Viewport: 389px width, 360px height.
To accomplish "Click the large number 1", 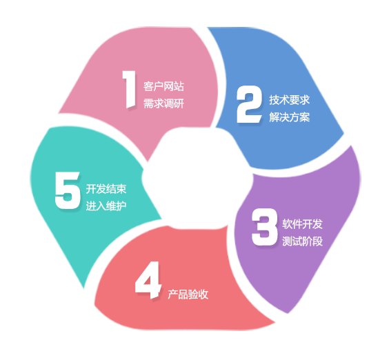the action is (x=130, y=90).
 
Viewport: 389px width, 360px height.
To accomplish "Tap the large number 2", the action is (x=249, y=104).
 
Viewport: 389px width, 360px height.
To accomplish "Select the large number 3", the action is (x=264, y=227).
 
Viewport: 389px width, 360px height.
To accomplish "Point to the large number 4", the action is (x=148, y=280).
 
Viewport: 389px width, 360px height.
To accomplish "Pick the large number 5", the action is (x=68, y=190).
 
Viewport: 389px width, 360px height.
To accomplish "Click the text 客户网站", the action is (x=163, y=86).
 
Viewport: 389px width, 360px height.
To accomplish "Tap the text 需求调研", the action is (x=163, y=103).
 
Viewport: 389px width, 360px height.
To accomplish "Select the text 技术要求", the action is (x=290, y=100).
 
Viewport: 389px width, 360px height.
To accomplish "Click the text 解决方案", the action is (x=290, y=117).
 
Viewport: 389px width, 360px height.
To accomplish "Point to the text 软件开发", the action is (x=302, y=224).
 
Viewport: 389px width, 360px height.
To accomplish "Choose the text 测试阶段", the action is (x=302, y=241).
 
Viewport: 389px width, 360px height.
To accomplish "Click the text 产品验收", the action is (x=188, y=294).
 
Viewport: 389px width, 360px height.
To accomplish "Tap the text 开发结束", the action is (x=106, y=189).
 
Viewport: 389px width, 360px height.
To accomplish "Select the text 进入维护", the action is (x=106, y=206).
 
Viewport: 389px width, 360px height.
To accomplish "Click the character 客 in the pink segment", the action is (x=148, y=86).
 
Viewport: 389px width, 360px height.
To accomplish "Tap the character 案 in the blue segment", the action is (x=305, y=117).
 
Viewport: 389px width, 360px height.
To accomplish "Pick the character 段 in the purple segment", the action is (x=318, y=241).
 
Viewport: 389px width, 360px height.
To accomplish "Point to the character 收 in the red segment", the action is (x=203, y=294).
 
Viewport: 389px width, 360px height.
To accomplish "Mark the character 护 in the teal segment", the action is (x=121, y=206).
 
